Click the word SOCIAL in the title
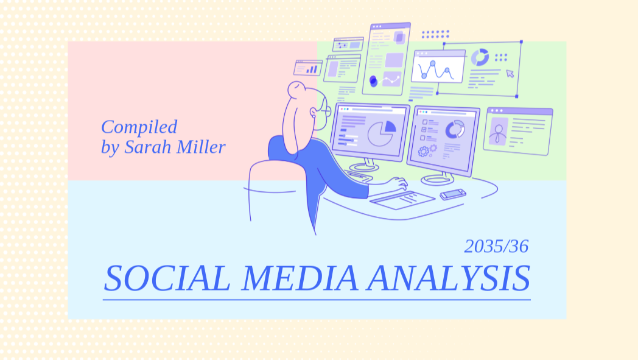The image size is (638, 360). click(x=167, y=278)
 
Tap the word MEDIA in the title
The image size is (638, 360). click(x=300, y=278)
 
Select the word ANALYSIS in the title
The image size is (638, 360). click(x=449, y=278)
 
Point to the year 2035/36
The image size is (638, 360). click(x=496, y=246)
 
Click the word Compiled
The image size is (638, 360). click(x=139, y=127)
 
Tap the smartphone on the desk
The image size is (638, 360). click(x=453, y=194)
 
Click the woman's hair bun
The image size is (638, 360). click(x=296, y=89)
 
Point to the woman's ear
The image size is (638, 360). click(x=313, y=112)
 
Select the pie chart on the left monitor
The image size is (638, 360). click(x=382, y=133)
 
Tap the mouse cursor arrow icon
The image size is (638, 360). click(x=510, y=74)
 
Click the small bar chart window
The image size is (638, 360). click(x=308, y=68)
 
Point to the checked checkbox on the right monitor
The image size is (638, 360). click(x=424, y=130)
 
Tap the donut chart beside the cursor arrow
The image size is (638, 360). click(x=480, y=57)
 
